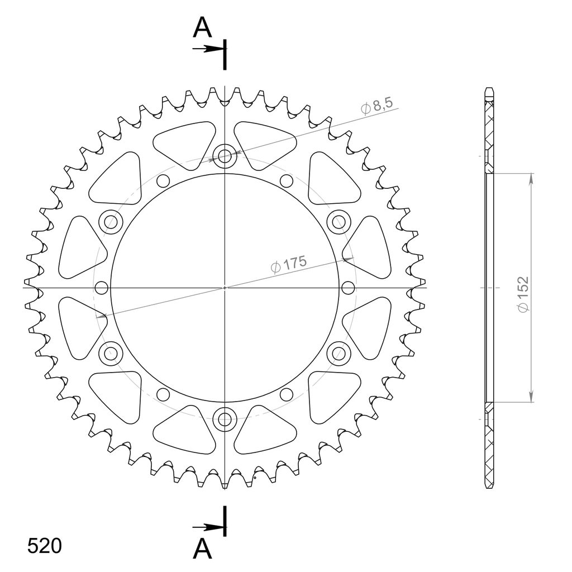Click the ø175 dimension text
coord(289,264)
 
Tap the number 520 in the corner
coord(45,546)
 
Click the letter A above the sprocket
coord(202,28)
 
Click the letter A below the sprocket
coord(202,550)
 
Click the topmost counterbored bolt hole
coord(225,156)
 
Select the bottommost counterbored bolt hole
coord(225,419)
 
